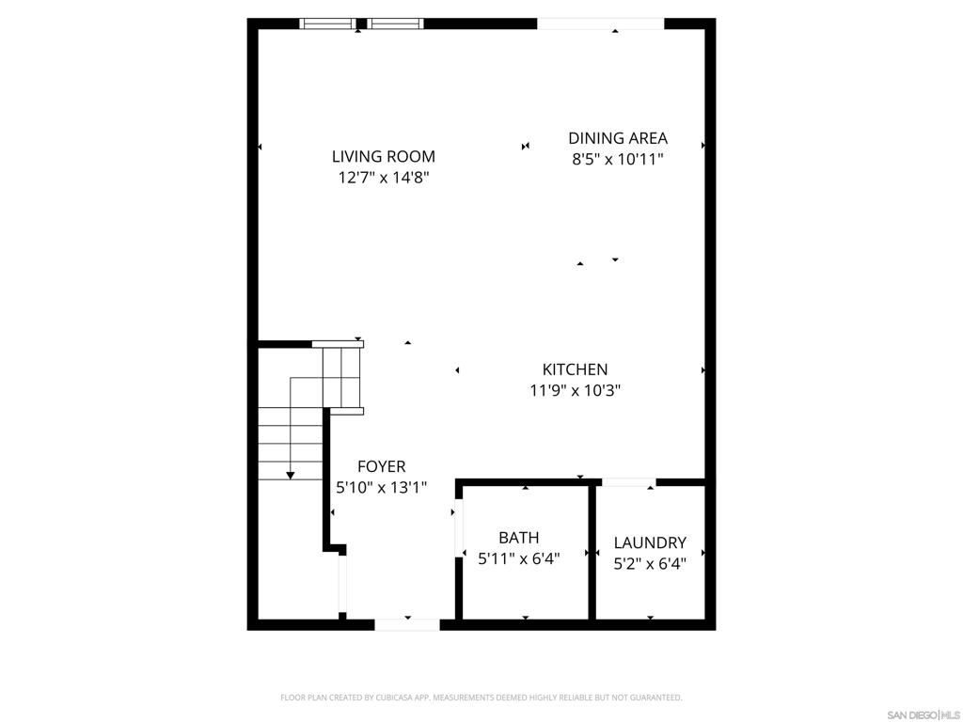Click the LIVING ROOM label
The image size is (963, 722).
tap(384, 157)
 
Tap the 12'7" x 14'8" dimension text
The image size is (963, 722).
tap(384, 177)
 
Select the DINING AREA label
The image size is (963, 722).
tap(618, 139)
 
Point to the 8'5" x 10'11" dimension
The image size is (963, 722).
tap(618, 160)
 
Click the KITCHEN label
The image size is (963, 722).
tap(575, 369)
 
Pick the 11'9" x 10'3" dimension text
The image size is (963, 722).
tap(575, 390)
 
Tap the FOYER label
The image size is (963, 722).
tap(382, 466)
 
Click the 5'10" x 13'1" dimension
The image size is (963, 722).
tap(382, 487)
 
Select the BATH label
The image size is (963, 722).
tap(519, 538)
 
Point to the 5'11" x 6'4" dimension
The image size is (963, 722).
tap(519, 558)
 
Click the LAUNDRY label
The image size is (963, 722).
tap(650, 542)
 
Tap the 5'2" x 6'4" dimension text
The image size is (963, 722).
tap(650, 564)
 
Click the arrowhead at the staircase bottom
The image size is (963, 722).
tap(291, 475)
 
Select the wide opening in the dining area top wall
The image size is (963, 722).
tap(600, 24)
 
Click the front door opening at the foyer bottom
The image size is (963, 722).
tap(407, 624)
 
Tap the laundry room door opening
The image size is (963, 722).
tap(628, 482)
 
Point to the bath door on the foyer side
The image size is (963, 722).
tap(458, 531)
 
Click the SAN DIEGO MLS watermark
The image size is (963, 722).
tap(924, 714)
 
